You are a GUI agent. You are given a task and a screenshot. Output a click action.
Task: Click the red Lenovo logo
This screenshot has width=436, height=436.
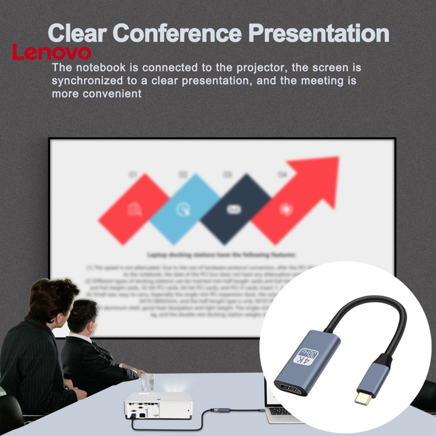(x=52, y=53)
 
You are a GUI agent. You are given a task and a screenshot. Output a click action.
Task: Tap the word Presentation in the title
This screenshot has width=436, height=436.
(x=318, y=33)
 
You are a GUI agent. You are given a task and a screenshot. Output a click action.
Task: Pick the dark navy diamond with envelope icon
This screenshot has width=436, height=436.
(x=235, y=209)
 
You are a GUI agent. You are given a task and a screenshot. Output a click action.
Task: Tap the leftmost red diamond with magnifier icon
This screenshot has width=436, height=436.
(x=134, y=209)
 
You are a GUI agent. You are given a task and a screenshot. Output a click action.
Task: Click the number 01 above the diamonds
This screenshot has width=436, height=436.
(x=133, y=175)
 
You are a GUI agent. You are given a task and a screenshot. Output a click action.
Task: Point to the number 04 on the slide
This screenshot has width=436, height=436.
(x=282, y=175)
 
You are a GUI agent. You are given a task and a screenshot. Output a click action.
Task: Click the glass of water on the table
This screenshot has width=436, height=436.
(x=147, y=382)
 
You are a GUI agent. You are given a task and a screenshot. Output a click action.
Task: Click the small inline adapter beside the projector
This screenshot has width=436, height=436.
(x=220, y=410)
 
